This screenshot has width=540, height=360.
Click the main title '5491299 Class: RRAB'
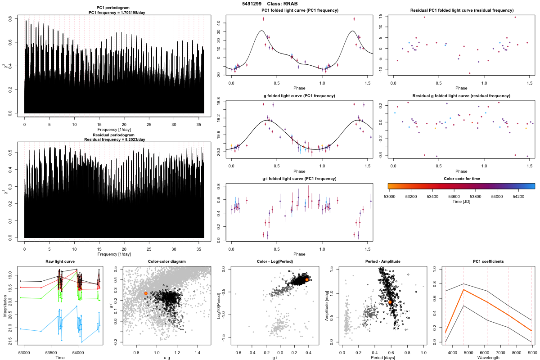click(270, 4)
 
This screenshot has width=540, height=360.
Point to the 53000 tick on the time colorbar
click(389, 197)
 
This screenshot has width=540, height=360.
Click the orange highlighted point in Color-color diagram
click(146, 293)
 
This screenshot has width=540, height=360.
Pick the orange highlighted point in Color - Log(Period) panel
click(307, 280)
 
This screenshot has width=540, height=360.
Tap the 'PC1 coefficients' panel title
click(488, 261)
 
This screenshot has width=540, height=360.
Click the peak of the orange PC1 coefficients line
click(463, 290)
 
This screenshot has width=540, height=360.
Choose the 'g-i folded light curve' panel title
click(299, 179)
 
